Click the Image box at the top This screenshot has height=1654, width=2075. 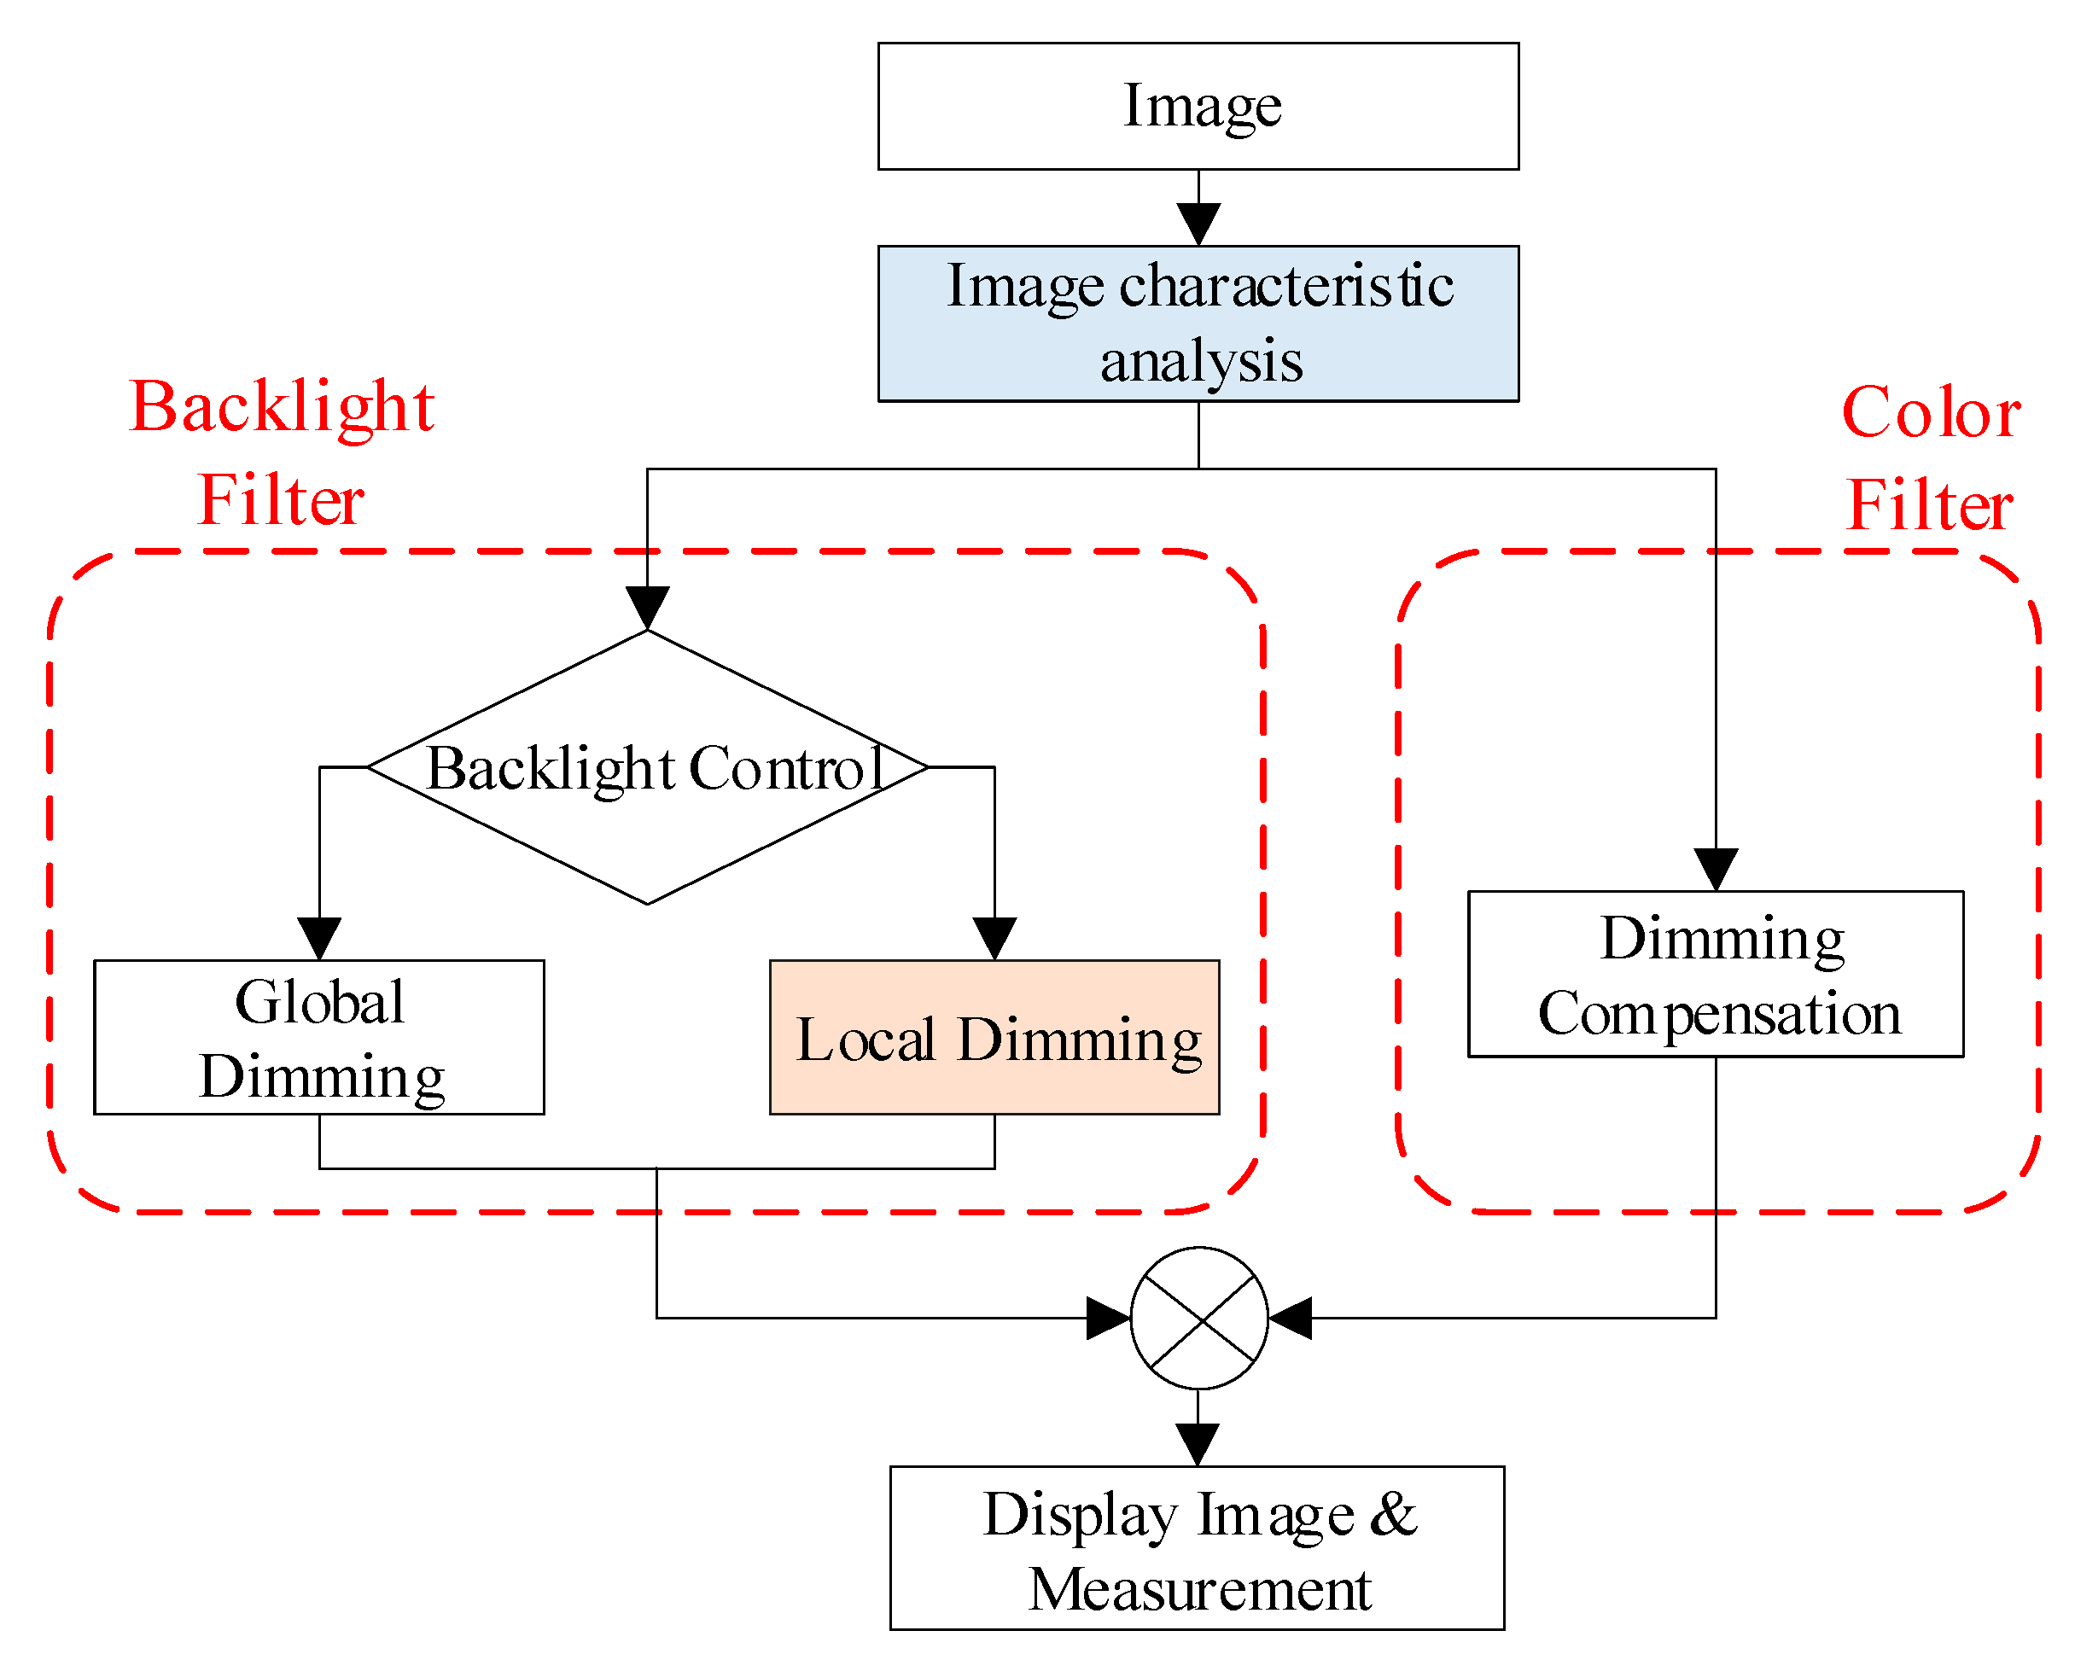point(1198,106)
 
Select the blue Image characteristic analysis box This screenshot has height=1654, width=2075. point(1198,323)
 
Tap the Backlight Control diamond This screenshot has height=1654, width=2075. point(648,768)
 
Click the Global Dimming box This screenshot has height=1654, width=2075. point(318,1037)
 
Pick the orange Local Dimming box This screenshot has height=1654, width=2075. point(994,1037)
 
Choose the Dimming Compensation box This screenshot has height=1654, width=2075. point(1715,974)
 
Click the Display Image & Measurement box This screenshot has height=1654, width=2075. point(1197,1548)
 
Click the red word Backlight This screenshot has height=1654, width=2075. point(281,408)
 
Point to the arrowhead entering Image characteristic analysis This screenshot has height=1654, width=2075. point(1198,224)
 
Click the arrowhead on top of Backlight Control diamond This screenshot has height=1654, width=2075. point(648,609)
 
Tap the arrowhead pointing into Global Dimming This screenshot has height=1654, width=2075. point(318,938)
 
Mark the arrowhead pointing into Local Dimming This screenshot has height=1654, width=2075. point(994,938)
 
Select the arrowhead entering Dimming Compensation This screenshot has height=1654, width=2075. point(1716,869)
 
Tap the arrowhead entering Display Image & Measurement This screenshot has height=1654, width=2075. point(1198,1444)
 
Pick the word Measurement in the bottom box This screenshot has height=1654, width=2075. point(1199,1588)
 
